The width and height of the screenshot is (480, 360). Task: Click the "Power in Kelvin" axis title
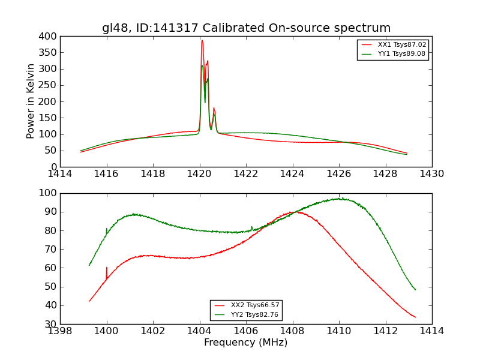(x=31, y=102)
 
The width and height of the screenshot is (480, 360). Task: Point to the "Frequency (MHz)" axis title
(x=245, y=343)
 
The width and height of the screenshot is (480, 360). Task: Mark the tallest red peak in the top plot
(x=202, y=41)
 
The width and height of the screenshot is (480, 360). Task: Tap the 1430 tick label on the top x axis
(x=431, y=174)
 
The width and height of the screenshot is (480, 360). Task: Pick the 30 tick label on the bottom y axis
(x=50, y=324)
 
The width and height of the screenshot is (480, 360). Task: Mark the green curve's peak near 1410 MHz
(x=339, y=199)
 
